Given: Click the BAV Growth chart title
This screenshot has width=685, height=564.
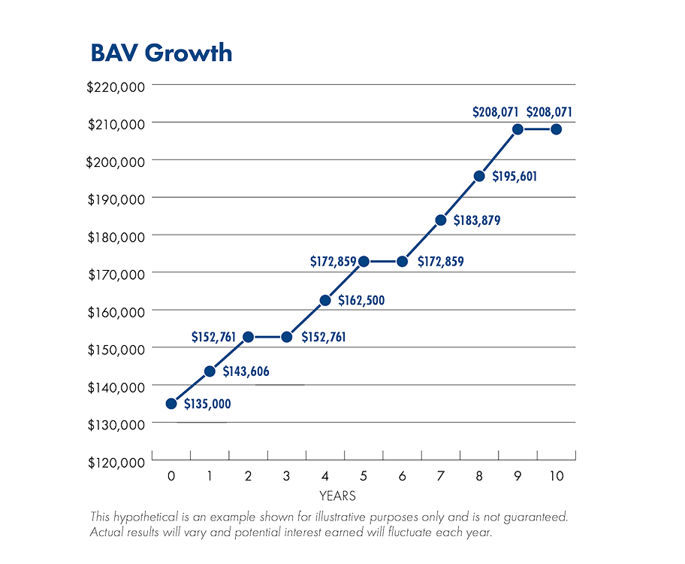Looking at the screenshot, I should [161, 53].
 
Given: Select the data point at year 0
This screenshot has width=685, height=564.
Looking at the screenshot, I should [171, 404].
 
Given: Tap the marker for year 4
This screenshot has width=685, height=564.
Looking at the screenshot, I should [325, 301].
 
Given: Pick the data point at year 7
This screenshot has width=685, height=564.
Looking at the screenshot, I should [441, 220].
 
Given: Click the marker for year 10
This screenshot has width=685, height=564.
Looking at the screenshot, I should [557, 129].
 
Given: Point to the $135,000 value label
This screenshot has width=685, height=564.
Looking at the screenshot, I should [207, 405].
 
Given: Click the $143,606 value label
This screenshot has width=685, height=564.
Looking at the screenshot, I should [246, 371].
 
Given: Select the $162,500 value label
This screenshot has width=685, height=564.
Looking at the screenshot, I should [361, 301].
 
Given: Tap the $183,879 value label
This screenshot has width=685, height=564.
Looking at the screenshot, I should [477, 221].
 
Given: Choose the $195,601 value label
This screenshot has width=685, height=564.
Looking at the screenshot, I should [515, 177].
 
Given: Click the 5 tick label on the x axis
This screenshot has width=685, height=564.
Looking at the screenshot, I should [364, 476].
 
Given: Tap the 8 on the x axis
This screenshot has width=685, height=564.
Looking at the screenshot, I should [479, 476].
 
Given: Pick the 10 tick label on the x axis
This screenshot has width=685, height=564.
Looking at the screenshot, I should [557, 476].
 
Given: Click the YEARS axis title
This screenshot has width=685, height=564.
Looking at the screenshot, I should [337, 496].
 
